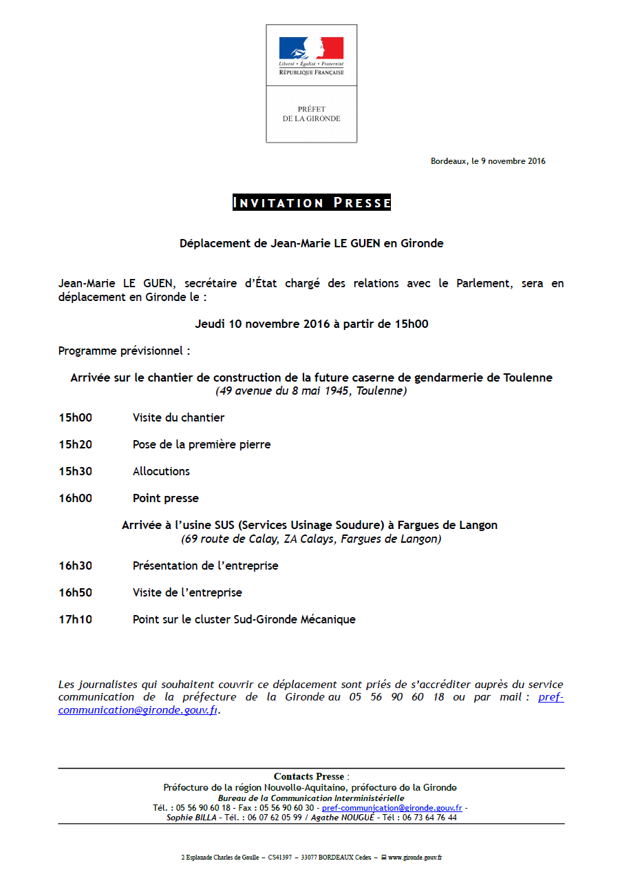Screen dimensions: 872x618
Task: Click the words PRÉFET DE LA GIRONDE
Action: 311,114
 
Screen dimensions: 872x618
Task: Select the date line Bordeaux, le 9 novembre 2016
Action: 488,161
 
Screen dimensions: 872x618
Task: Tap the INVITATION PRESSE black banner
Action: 312,203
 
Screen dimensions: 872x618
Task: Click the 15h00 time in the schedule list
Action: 75,417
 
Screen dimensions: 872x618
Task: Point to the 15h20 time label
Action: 75,444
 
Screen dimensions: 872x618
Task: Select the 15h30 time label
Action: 75,471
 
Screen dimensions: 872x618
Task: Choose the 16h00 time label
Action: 75,498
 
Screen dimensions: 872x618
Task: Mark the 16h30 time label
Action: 75,565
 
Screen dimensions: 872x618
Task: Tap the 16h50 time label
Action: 75,592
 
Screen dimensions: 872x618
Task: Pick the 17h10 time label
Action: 75,619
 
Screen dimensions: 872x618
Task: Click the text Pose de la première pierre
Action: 202,444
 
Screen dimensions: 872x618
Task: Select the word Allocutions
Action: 161,471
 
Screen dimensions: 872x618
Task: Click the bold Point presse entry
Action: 165,498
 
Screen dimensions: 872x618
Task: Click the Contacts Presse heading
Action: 310,776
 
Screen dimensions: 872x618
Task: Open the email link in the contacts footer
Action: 392,808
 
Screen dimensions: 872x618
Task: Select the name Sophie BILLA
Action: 191,818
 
